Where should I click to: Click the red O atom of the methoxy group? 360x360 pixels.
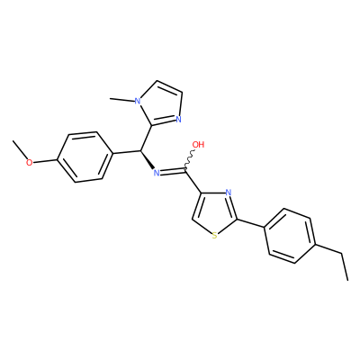[x=29, y=163]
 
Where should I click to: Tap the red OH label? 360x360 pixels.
[x=198, y=145]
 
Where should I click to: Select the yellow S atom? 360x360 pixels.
[x=214, y=236]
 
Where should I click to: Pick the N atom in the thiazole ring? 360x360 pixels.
[x=228, y=193]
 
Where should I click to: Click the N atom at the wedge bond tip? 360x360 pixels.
[x=156, y=173]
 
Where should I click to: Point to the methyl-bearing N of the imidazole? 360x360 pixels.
[x=138, y=101]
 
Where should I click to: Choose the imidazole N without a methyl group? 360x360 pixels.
[x=178, y=120]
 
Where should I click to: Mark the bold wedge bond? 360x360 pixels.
[x=147, y=159]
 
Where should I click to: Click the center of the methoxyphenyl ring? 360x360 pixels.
[x=85, y=157]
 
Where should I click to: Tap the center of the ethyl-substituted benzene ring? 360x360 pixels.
[x=290, y=236]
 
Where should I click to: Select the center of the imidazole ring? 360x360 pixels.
[x=161, y=104]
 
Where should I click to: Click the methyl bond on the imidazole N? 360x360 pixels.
[x=122, y=99]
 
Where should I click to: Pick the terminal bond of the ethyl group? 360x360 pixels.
[x=345, y=267]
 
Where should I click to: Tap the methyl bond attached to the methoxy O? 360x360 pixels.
[x=20, y=149]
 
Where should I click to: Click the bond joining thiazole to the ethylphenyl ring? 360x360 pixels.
[x=251, y=224]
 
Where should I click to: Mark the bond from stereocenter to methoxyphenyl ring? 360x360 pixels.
[x=127, y=152]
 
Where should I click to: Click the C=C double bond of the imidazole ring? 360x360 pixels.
[x=169, y=86]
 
